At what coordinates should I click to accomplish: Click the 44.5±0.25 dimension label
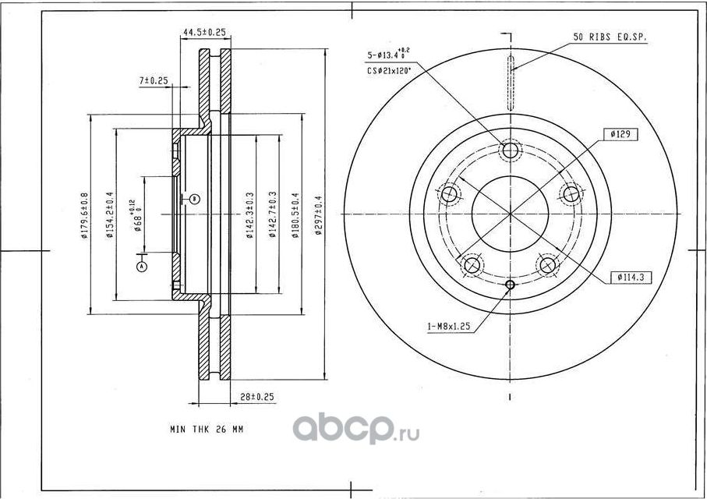203,32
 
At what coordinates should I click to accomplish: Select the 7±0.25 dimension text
154,80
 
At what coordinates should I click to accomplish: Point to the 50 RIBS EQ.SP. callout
610,37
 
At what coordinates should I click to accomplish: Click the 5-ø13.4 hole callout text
387,55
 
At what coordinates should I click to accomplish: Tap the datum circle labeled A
142,266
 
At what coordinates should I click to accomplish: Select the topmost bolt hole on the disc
510,150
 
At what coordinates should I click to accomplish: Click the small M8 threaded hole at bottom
510,285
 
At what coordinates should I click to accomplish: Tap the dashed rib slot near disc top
510,83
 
